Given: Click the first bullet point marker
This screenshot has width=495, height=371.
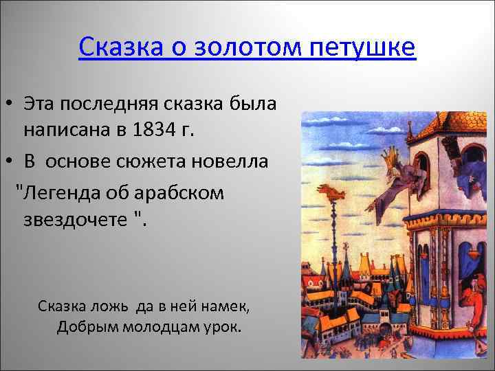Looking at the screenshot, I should coord(10,104).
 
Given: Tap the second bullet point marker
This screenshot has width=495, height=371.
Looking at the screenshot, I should coord(10,162).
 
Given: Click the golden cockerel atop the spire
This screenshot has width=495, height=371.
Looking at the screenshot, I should coord(340,193).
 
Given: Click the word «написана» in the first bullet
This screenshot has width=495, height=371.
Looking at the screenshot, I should coord(62,128).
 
